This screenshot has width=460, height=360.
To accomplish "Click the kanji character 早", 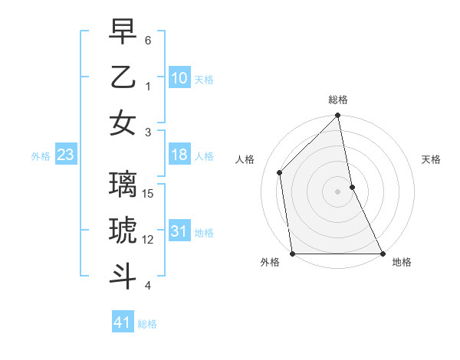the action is click(x=123, y=33).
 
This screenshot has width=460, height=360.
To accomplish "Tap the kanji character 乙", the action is click(x=123, y=77).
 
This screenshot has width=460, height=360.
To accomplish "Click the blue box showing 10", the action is click(x=179, y=78).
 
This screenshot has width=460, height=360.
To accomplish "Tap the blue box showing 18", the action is click(x=179, y=155).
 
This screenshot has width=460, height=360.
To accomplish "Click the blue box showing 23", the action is click(x=65, y=155).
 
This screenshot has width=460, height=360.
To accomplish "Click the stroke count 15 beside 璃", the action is click(x=149, y=194).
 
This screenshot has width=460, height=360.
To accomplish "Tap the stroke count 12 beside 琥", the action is click(x=149, y=240).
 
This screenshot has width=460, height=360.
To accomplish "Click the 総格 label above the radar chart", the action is click(x=337, y=100).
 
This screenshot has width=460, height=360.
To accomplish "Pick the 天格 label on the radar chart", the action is click(x=431, y=159).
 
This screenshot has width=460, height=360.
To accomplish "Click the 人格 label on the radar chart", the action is click(x=245, y=159).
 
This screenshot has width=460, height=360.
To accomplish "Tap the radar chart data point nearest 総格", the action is click(x=337, y=116).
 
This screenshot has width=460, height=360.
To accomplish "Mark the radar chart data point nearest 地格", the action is click(x=382, y=254).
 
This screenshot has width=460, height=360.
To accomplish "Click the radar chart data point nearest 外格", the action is click(x=293, y=254).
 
